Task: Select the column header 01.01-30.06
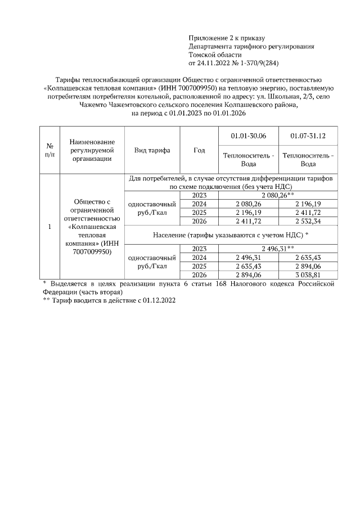(x=248, y=136)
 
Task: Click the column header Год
(x=199, y=150)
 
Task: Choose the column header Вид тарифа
(x=152, y=150)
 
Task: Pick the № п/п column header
(x=49, y=150)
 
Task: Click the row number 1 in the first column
(x=49, y=227)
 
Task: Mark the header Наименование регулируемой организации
(x=92, y=150)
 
